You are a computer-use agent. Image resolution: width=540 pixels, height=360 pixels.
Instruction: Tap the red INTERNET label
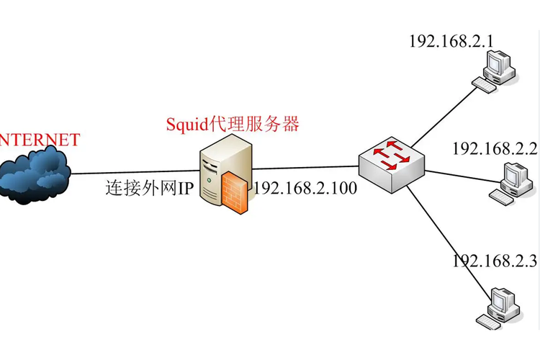pos(39,140)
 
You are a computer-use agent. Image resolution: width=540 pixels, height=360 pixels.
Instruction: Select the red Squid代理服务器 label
pos(233,124)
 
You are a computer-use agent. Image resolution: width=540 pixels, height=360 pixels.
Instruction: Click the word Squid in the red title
pos(186,124)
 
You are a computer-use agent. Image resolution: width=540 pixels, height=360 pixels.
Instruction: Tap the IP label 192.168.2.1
pos(451,41)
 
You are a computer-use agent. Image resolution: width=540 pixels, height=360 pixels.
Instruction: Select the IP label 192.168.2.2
pos(495,149)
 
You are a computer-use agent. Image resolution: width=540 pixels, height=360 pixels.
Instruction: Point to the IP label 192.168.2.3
pos(495,260)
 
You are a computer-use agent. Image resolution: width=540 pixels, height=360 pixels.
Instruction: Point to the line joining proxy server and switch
pos(302,168)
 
